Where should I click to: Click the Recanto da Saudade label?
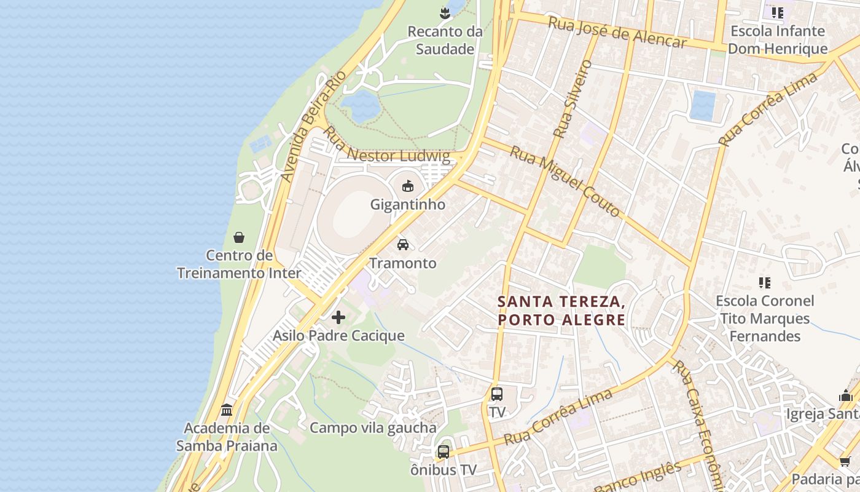click(x=445, y=40)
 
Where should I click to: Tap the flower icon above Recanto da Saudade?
click(x=445, y=12)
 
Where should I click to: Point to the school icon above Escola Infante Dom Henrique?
click(x=778, y=13)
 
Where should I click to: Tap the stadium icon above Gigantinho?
click(x=407, y=185)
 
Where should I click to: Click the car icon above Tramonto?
click(x=403, y=244)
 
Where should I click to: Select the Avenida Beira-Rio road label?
click(x=313, y=126)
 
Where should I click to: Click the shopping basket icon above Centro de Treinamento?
click(x=239, y=237)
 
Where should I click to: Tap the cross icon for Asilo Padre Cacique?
click(x=338, y=317)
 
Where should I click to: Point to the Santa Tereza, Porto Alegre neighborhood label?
click(x=561, y=311)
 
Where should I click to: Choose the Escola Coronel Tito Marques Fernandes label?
click(x=765, y=319)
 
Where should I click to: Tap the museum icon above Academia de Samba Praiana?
click(x=227, y=410)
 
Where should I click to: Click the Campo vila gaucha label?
click(x=373, y=427)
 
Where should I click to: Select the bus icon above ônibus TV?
click(x=444, y=452)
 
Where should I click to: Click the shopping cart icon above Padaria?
click(x=845, y=461)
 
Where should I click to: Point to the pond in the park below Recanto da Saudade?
click(x=361, y=106)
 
